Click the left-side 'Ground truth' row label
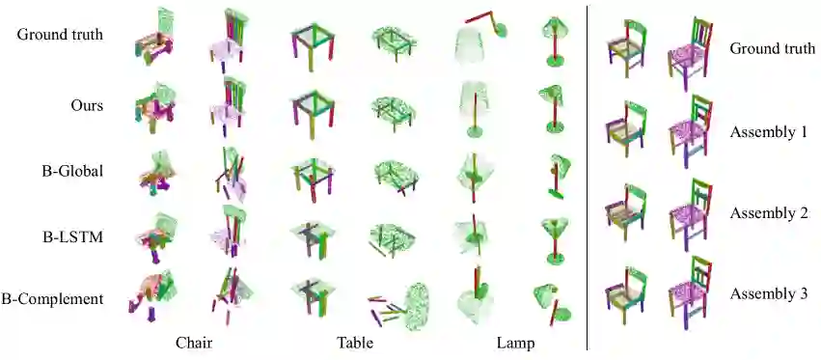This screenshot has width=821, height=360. click(x=60, y=35)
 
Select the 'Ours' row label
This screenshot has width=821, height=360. click(x=87, y=105)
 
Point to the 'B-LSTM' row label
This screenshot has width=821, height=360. click(x=72, y=237)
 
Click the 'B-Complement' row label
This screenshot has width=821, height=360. click(x=52, y=299)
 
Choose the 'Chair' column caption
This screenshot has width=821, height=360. click(x=194, y=344)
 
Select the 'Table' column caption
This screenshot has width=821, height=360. click(x=355, y=344)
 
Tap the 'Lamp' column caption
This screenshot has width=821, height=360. click(x=516, y=344)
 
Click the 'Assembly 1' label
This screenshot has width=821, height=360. click(x=769, y=132)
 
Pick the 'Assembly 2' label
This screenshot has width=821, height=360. click(x=769, y=213)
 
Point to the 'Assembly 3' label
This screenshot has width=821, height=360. click(x=769, y=293)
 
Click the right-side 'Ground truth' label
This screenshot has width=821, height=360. click(x=773, y=48)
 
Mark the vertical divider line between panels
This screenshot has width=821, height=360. click(x=587, y=179)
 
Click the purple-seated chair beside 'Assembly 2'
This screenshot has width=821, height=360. click(x=691, y=214)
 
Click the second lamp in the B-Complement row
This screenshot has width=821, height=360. click(x=553, y=303)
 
